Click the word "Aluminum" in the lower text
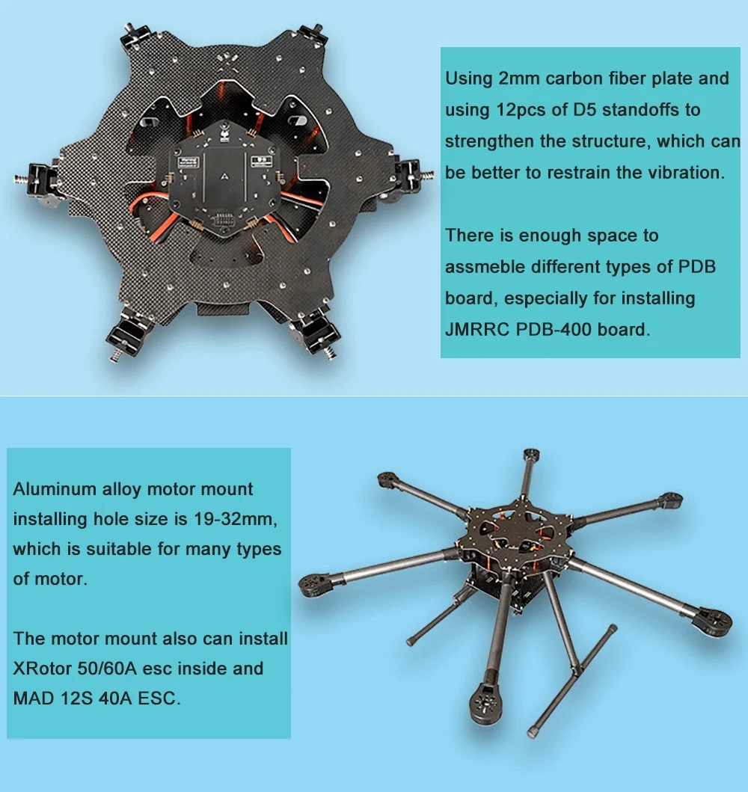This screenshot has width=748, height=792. tap(55, 490)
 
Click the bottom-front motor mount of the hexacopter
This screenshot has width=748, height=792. tap(483, 705)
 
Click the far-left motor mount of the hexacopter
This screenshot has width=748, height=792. tap(317, 583)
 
